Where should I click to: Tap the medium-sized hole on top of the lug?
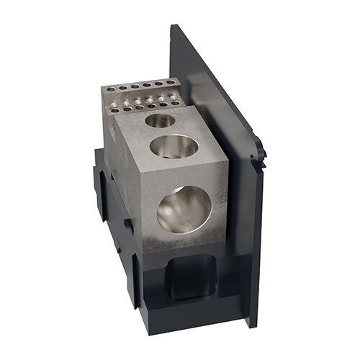click(174, 148)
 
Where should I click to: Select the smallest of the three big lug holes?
click(159, 120)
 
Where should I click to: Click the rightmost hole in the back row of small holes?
click(171, 82)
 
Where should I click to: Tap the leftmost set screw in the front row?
click(114, 110)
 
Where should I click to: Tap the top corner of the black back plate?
click(173, 27)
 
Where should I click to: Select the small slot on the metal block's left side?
click(113, 130)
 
